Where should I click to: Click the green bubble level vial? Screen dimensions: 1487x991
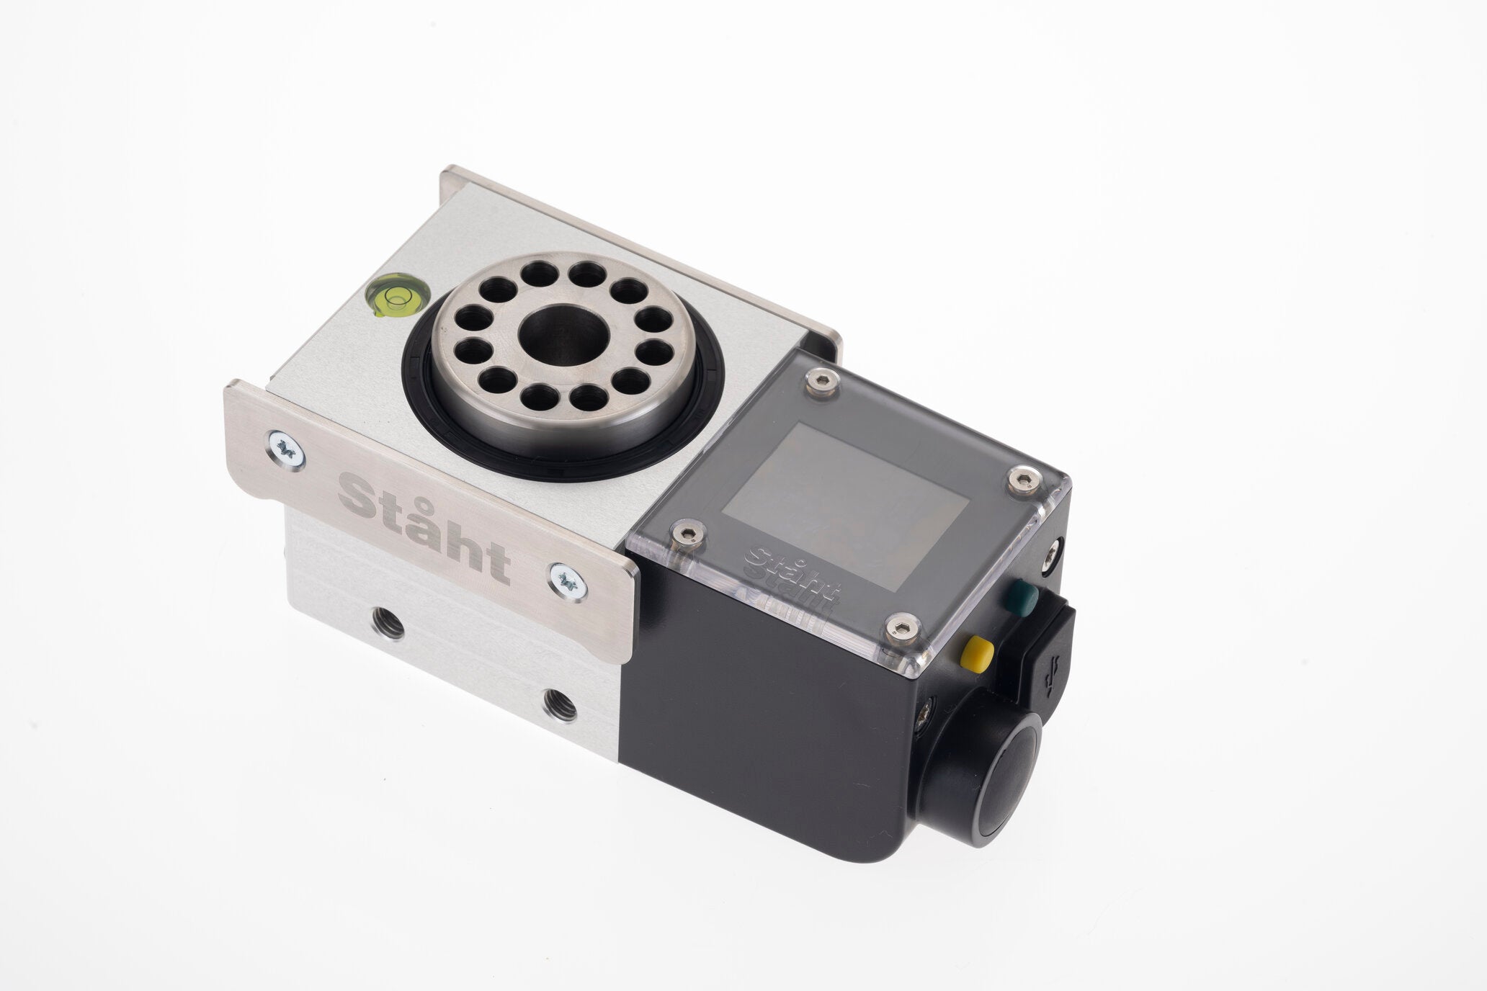click(397, 298)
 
